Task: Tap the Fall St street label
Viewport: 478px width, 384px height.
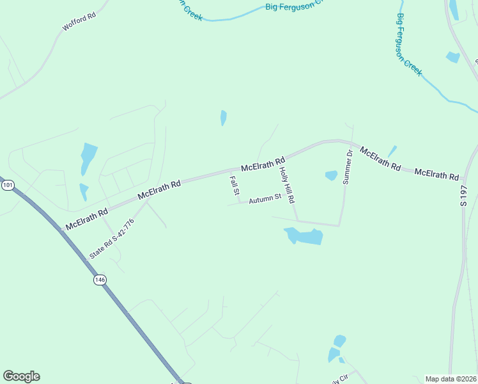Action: [235, 186]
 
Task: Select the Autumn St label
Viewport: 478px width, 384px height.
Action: [265, 198]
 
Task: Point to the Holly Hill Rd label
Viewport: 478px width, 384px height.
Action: [287, 184]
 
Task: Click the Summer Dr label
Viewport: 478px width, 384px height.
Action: [348, 167]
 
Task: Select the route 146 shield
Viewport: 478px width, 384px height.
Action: [99, 280]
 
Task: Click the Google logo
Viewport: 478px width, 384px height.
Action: [21, 376]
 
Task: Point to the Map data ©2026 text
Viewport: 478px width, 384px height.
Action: [451, 379]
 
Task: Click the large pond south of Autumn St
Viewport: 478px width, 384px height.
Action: [304, 236]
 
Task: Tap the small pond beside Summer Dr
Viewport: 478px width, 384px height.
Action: [331, 175]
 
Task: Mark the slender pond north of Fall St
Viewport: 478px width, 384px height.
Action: [223, 118]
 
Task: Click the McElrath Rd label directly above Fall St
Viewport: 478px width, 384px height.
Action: [262, 164]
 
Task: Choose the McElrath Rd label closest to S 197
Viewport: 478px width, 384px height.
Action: [436, 174]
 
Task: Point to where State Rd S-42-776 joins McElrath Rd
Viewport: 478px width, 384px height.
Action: [147, 198]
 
